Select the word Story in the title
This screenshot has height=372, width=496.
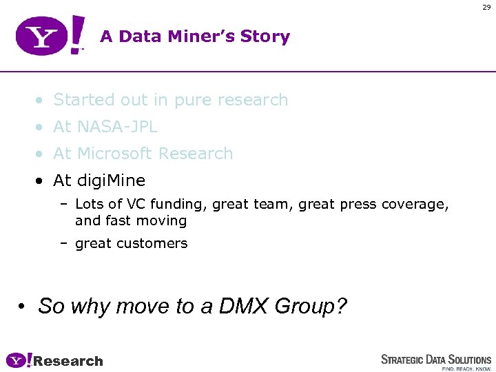pos(265,37)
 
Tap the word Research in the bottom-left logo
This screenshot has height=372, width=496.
pos(68,361)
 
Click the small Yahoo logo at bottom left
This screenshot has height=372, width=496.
pos(19,360)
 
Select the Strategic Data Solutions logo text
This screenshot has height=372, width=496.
pos(436,359)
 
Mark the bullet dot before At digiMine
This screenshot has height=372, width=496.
pos(42,181)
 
